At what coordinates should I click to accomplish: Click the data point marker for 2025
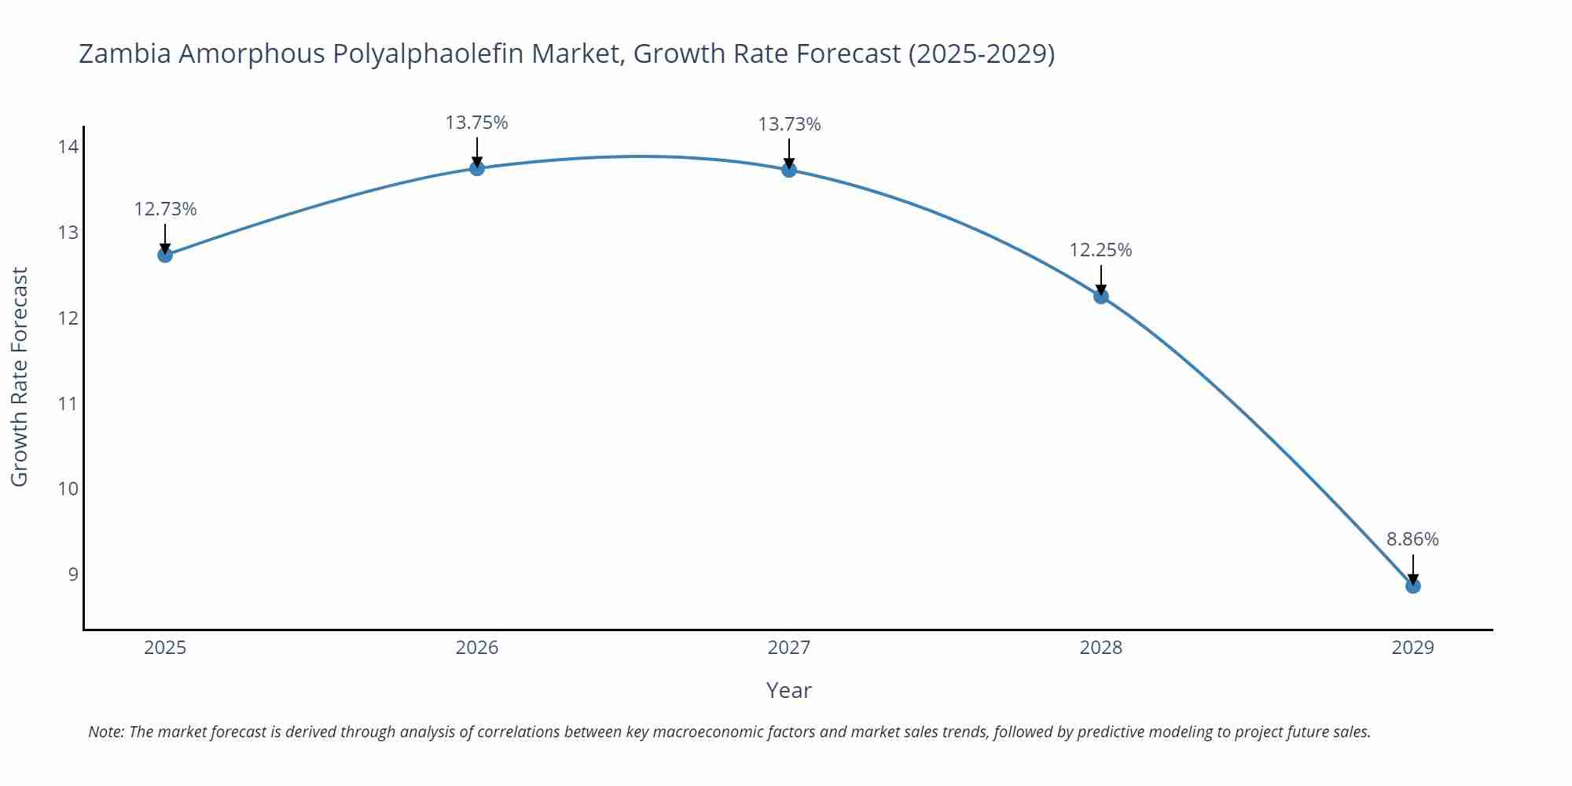[165, 255]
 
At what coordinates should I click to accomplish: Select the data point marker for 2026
[477, 168]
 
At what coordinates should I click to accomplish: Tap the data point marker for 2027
[789, 170]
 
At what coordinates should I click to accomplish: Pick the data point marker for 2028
[1101, 296]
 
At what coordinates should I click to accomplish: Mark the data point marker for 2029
[1412, 586]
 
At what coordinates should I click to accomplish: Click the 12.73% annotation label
[165, 209]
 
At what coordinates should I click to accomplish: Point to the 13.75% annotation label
[477, 123]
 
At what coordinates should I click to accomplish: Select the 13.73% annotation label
[789, 124]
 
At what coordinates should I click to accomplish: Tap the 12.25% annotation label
[1100, 250]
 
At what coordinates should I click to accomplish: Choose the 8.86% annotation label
[1412, 539]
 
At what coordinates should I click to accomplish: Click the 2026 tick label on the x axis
[477, 648]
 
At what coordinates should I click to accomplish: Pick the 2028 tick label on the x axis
[1100, 648]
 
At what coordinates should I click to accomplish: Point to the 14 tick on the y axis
[68, 147]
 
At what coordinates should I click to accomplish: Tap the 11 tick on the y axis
[68, 403]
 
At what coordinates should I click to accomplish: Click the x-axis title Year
[788, 690]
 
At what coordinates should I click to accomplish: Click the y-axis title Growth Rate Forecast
[20, 376]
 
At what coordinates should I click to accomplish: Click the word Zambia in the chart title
[125, 53]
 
